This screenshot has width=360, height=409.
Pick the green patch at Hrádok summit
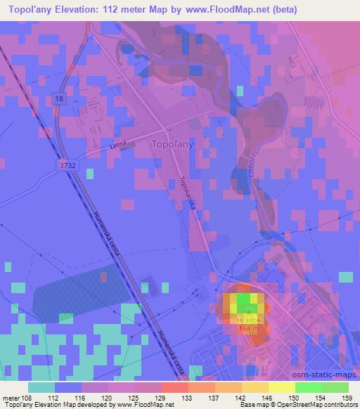coord(244,303)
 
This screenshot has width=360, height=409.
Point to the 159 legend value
coord(346,398)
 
